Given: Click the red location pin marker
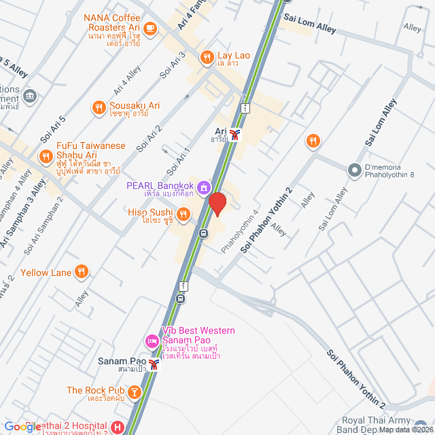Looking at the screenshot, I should (x=217, y=204).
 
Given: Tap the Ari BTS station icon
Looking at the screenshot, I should (x=235, y=135).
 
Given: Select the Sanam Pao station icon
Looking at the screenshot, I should (x=154, y=364).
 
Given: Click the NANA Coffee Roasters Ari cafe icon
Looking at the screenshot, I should (x=150, y=29).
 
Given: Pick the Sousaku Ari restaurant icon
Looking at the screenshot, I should (x=99, y=107).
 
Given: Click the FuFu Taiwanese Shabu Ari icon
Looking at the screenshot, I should (x=46, y=157).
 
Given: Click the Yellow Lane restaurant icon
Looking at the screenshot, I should (x=82, y=272).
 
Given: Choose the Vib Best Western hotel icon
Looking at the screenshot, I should (x=151, y=340).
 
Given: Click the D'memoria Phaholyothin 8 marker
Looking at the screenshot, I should (x=353, y=170).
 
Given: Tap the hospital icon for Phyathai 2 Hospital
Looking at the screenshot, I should (x=118, y=428).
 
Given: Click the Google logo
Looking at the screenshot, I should (x=22, y=427).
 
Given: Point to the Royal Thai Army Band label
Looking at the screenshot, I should (x=395, y=424).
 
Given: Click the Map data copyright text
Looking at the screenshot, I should (x=406, y=430).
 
